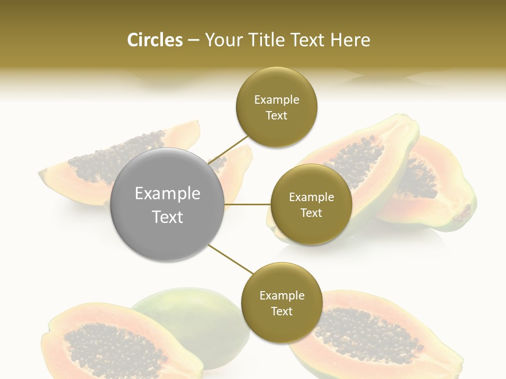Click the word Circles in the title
point(154,40)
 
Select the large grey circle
point(168,205)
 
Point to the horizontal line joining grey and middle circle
point(248,204)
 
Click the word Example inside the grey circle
point(168,194)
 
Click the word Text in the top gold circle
point(276,116)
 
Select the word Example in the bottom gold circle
point(282,296)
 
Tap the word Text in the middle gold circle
point(311,213)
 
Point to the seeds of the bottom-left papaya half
point(100,345)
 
